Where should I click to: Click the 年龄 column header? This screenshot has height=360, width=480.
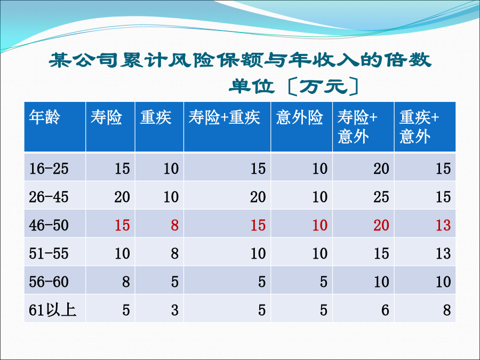(45, 117)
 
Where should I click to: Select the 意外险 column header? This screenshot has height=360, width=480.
(299, 117)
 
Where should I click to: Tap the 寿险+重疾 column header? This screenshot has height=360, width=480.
(225, 117)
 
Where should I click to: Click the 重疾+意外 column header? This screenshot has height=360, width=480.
(419, 127)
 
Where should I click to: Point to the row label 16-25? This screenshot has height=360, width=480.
(49, 169)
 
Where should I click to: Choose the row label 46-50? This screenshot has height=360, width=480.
(49, 225)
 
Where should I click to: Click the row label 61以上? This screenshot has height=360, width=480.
(52, 310)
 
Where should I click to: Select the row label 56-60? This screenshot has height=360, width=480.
(49, 282)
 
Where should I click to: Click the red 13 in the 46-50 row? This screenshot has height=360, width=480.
(443, 225)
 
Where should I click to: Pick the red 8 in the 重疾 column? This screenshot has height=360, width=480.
(174, 225)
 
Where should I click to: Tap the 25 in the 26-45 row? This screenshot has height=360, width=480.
(381, 197)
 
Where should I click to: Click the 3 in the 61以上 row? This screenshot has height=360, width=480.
(174, 310)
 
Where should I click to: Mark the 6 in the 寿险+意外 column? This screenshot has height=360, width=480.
(385, 310)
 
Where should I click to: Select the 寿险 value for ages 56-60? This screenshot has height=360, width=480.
(126, 282)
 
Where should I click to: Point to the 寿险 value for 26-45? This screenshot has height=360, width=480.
(122, 197)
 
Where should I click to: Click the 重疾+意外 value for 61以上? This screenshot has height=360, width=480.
(447, 310)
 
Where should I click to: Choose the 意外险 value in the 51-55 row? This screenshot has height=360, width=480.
(319, 253)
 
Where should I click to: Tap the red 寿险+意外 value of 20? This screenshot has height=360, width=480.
(381, 225)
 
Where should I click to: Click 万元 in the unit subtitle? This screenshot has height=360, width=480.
(323, 86)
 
